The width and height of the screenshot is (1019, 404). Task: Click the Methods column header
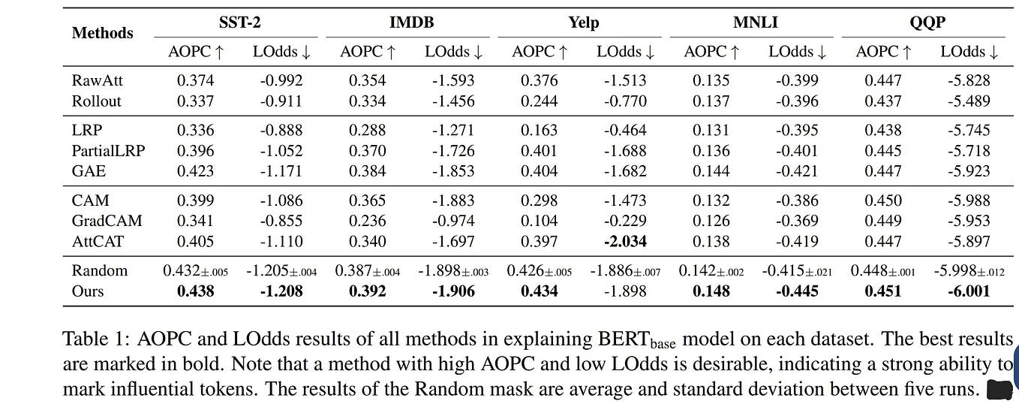pyautogui.click(x=102, y=33)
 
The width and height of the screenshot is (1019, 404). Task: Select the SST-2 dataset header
pyautogui.click(x=239, y=23)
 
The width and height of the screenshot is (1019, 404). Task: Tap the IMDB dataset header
pyautogui.click(x=412, y=23)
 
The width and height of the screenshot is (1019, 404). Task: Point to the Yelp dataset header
pyautogui.click(x=584, y=23)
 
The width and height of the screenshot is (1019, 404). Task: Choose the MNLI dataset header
pyautogui.click(x=756, y=23)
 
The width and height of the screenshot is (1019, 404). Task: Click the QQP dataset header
pyautogui.click(x=927, y=23)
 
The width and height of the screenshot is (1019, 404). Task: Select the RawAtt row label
pyautogui.click(x=98, y=80)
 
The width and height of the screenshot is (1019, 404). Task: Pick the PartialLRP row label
pyautogui.click(x=108, y=150)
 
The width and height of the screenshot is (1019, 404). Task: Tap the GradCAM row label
pyautogui.click(x=107, y=221)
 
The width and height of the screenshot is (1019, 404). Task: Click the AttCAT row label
pyautogui.click(x=98, y=241)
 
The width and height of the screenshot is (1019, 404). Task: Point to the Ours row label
pyautogui.click(x=88, y=291)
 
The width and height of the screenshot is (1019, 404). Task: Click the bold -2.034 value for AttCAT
pyautogui.click(x=625, y=241)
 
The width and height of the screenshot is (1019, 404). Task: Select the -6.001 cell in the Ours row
pyautogui.click(x=969, y=291)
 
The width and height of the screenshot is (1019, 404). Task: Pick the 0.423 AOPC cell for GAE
pyautogui.click(x=195, y=170)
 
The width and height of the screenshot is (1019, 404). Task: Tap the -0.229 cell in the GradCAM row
pyautogui.click(x=625, y=221)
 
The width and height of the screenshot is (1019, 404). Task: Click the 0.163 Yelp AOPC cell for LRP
pyautogui.click(x=539, y=130)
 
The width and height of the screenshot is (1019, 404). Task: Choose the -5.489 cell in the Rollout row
pyautogui.click(x=969, y=101)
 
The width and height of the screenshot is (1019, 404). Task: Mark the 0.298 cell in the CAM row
pyautogui.click(x=539, y=200)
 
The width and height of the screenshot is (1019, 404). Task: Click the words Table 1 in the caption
pyautogui.click(x=97, y=339)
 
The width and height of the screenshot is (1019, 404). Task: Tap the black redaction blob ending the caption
pyautogui.click(x=999, y=390)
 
